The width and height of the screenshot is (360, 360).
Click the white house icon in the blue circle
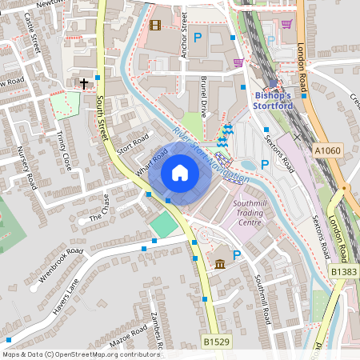(180, 172)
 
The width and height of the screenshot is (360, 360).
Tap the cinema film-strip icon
(155, 26)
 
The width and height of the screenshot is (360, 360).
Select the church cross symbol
(83, 82)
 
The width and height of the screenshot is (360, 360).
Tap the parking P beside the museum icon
(236, 256)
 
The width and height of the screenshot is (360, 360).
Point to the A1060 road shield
(326, 150)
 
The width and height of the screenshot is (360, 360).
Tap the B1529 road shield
(215, 342)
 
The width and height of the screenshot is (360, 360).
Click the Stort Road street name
(133, 146)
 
